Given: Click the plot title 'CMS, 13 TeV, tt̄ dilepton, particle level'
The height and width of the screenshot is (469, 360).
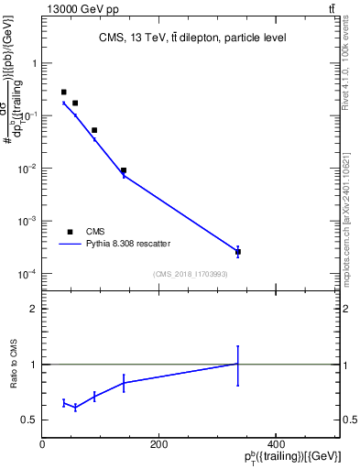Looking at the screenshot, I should tap(192, 38).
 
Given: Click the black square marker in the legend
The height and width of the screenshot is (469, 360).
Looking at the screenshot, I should tap(70, 232).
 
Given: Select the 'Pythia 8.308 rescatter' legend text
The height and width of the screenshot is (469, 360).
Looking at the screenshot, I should tap(128, 244).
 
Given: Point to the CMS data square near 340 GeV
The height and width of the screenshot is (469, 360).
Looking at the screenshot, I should tap(238, 252).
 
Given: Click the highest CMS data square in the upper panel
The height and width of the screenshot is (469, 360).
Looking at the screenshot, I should tap(63, 93).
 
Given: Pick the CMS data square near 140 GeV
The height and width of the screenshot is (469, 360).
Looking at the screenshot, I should tap(124, 170).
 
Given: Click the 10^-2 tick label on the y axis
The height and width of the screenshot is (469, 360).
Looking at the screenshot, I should tap(27, 169).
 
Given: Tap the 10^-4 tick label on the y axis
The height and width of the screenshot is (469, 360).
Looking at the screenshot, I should tap(27, 274).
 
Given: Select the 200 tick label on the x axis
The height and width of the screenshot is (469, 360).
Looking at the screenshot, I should tap(158, 444).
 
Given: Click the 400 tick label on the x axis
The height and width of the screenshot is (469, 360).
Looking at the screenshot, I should tap(275, 444).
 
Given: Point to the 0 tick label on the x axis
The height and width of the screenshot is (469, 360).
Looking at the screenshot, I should tap(42, 444).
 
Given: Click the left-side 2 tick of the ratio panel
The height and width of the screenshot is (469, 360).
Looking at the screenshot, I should tap(33, 309).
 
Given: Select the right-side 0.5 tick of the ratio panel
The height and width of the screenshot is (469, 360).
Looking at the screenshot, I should tap(351, 420).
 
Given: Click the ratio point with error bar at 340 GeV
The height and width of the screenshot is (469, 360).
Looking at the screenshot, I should tap(238, 365).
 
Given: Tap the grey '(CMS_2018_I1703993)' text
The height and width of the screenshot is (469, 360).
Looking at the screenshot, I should tap(191, 272).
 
